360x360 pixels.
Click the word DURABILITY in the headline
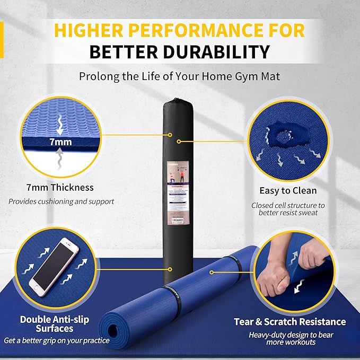point(222,52)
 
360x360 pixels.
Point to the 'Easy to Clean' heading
point(288,190)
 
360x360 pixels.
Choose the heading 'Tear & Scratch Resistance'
point(290,322)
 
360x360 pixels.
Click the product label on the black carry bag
point(180,190)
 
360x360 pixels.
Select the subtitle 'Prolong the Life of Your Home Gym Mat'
point(180,76)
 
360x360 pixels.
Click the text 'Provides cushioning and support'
point(62,201)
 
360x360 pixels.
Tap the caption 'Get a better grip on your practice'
point(57,340)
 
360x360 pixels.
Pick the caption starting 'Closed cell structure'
point(288,208)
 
